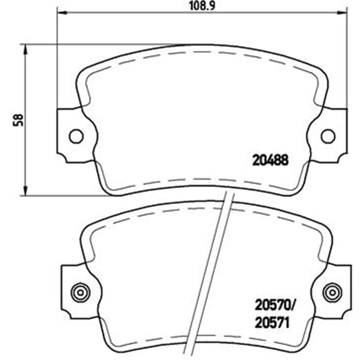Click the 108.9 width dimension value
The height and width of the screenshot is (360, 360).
[x=202, y=6]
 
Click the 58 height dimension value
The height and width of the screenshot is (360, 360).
[x=18, y=120]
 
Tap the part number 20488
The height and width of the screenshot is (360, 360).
[x=270, y=160]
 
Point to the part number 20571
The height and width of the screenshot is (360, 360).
[x=272, y=323]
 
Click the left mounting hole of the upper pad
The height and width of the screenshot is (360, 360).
[x=76, y=136]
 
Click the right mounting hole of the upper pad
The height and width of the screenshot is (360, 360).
[x=328, y=136]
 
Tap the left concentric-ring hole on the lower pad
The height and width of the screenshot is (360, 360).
[x=81, y=292]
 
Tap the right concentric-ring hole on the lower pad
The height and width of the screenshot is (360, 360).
[x=332, y=292]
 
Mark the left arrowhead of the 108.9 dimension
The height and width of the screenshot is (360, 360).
[x=62, y=13]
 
